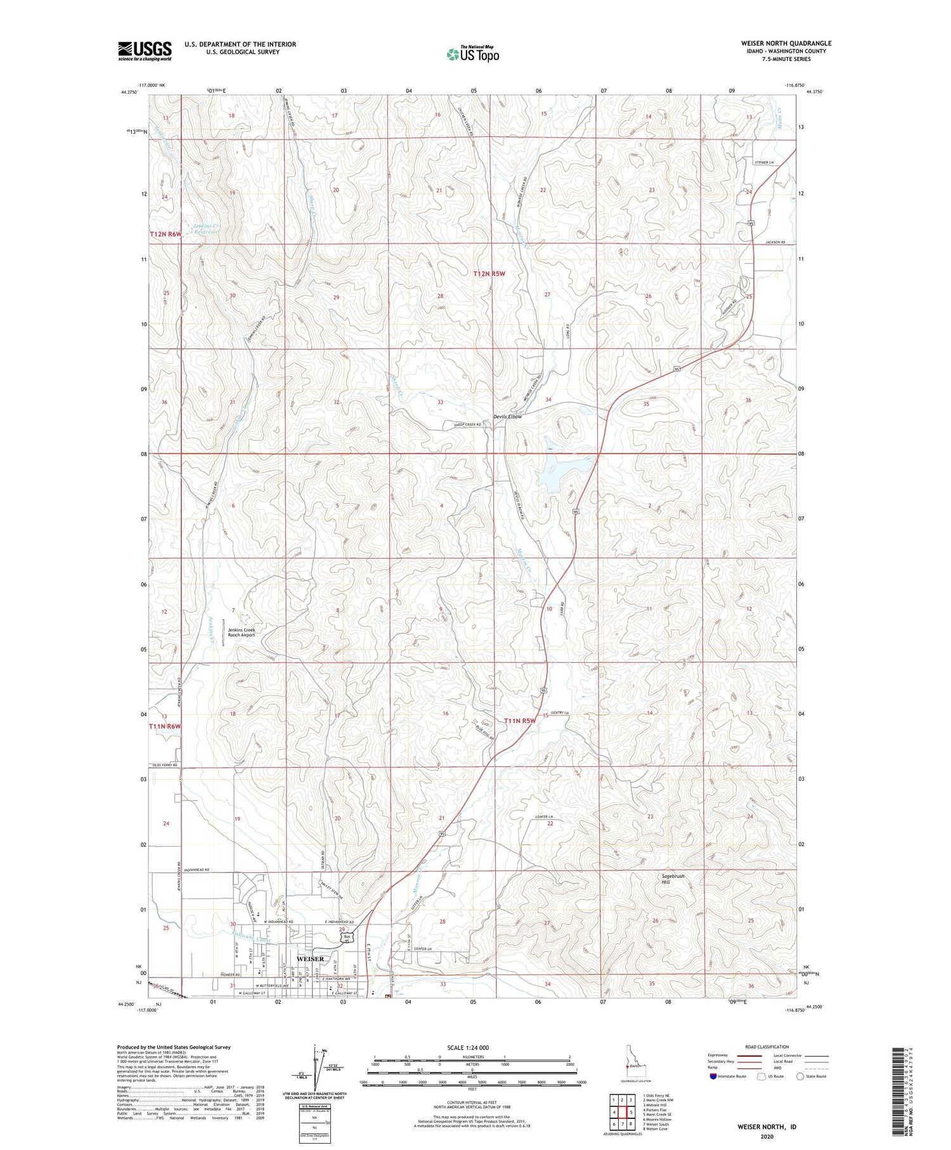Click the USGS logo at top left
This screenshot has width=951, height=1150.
click(145, 51)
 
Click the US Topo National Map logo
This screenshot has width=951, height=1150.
click(472, 54)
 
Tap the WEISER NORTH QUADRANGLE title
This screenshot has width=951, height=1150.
click(786, 43)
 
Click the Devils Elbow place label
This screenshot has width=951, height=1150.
click(508, 417)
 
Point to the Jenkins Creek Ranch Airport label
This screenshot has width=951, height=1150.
click(241, 632)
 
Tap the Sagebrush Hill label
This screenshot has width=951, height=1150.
click(673, 879)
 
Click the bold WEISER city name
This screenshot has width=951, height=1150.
click(310, 958)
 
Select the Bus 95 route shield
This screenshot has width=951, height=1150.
click(346, 938)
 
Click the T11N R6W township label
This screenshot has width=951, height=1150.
click(165, 726)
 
